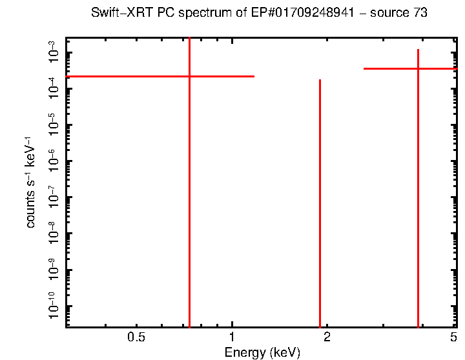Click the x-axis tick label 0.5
pos(136,337)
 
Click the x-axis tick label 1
pos(232,337)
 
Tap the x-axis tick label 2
pos(327,337)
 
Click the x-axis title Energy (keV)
pos(262,352)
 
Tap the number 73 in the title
pos(420,13)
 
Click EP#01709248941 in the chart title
pos(302,13)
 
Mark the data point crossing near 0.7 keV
pos(189,76)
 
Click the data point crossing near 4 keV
pos(418,68)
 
